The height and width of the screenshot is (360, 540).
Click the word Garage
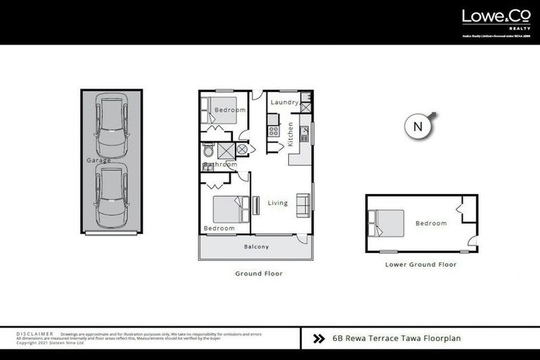pos(99,161)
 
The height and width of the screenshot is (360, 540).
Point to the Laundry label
pos(285,103)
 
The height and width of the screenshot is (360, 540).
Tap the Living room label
pos(278,203)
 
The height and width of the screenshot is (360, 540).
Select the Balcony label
pos(257,247)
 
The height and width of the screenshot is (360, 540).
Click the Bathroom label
pos(220,165)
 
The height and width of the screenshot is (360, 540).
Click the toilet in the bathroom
pos(208,150)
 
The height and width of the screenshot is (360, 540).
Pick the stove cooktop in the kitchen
pos(273,130)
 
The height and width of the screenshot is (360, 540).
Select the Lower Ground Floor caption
pos(420,265)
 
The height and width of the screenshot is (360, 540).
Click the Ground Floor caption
pos(259,274)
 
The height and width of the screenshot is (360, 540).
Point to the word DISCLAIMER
pos(34,334)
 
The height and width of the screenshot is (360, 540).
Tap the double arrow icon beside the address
pos(319,338)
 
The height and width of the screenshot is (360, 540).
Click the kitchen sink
pos(304,131)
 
